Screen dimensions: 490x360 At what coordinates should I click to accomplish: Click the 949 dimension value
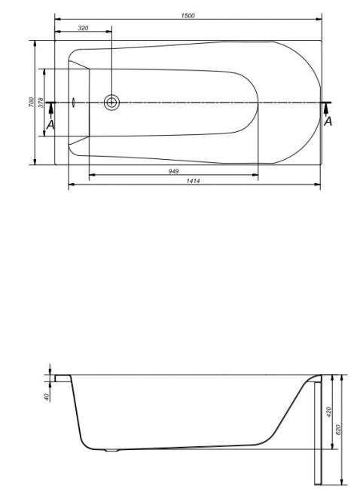173,170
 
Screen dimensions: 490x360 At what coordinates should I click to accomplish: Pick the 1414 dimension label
195,179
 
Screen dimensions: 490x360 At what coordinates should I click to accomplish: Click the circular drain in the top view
112,102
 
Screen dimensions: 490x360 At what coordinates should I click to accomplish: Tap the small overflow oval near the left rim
74,102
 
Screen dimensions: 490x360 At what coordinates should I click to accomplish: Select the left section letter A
50,124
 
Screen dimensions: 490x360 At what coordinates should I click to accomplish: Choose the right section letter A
328,121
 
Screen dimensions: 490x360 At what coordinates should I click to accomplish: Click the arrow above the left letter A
50,109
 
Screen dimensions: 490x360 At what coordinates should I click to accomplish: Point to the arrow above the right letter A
328,109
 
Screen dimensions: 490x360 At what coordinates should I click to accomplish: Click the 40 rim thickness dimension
46,397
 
